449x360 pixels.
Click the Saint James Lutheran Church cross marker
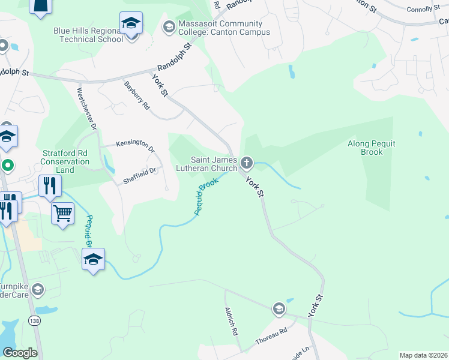[x=246, y=163]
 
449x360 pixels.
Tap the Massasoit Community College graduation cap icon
[x=169, y=27]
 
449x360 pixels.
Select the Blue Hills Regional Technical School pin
[x=131, y=25]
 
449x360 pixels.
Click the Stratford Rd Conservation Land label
[x=65, y=161]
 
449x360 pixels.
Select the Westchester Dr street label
[x=86, y=109]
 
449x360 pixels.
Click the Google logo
[x=20, y=352]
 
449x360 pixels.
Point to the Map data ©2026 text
[x=423, y=355]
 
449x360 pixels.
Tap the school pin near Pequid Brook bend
[x=93, y=259]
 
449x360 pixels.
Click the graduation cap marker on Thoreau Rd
[x=279, y=309]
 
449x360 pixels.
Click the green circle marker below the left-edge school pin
[x=7, y=165]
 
